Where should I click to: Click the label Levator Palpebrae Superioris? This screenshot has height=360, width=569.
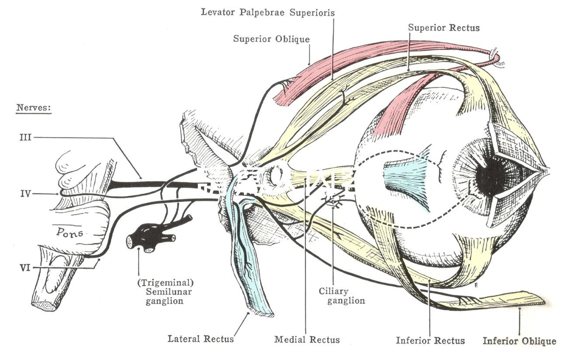pyautogui.click(x=267, y=12)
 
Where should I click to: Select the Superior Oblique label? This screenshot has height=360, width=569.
pyautogui.click(x=271, y=39)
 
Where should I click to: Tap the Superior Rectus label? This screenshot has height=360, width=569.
pyautogui.click(x=444, y=28)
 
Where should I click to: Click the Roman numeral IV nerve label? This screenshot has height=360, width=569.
pyautogui.click(x=25, y=193)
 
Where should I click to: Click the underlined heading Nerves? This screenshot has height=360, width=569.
pyautogui.click(x=34, y=107)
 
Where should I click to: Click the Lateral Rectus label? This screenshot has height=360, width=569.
pyautogui.click(x=201, y=339)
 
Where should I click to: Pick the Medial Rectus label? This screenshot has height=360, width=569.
pyautogui.click(x=307, y=339)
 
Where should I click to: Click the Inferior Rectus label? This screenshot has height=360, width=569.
pyautogui.click(x=430, y=340)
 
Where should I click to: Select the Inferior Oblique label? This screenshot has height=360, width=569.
pyautogui.click(x=519, y=341)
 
